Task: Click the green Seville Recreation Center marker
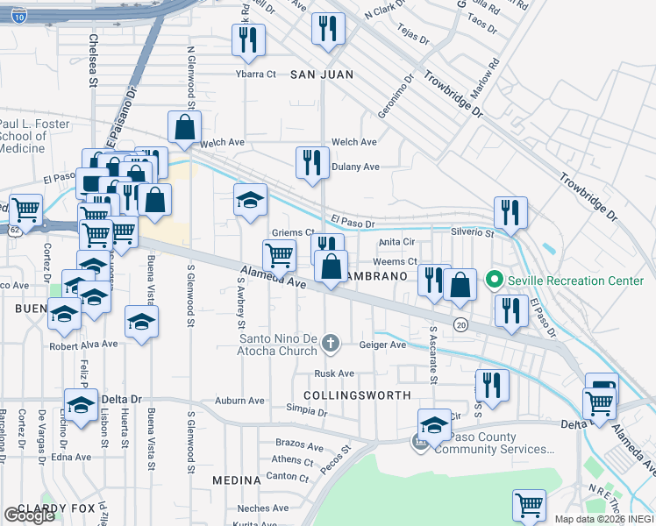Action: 494,281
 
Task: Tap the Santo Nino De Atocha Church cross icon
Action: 330,342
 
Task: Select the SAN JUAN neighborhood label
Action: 322,75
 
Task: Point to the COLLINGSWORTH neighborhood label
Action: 357,396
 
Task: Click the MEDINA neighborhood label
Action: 236,480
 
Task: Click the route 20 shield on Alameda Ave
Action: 460,325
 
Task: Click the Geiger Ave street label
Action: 382,345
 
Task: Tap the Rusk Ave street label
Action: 334,373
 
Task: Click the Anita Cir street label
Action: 396,243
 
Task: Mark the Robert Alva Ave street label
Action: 83,345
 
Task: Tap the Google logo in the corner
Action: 28,515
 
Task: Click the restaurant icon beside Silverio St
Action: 510,211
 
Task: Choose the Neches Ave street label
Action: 262,508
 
